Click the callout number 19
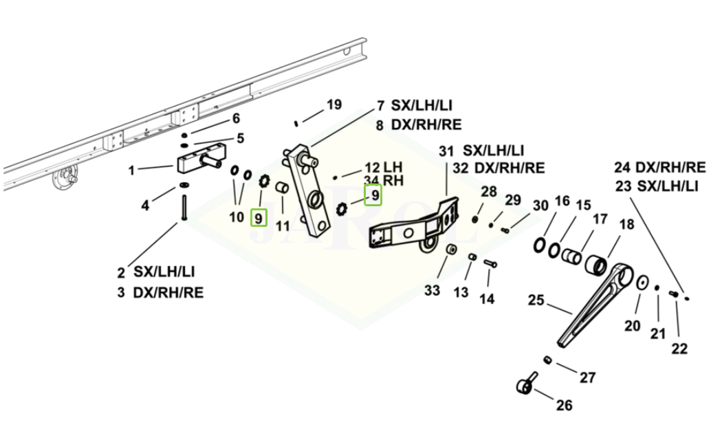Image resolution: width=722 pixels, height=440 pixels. coord(334,105)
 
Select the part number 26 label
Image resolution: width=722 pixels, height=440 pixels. coord(564,406)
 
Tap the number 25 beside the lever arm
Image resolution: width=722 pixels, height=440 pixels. coord(536,300)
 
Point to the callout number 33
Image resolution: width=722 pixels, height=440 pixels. coord(432,291)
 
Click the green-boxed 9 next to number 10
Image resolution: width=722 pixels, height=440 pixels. coord(259,218)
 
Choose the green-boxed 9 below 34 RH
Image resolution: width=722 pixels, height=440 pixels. coord(373,195)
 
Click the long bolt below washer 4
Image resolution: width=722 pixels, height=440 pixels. coord(184,208)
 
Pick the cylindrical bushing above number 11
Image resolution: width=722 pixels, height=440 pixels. coord(282,188)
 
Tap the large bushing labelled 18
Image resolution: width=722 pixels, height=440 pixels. coord(596,266)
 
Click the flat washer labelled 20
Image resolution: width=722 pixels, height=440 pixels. coord(642,283)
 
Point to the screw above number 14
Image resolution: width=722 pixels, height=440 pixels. coord(490,264)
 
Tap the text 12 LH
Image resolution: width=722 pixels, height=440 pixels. coord(384,167)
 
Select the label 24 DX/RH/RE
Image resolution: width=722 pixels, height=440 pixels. coord(660,167)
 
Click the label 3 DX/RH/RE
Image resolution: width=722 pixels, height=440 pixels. coord(160,293)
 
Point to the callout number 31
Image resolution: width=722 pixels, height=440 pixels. coord(446,151)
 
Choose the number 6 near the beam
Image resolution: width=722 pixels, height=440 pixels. coord(237,118)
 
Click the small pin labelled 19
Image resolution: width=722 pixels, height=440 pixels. coord(297,123)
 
